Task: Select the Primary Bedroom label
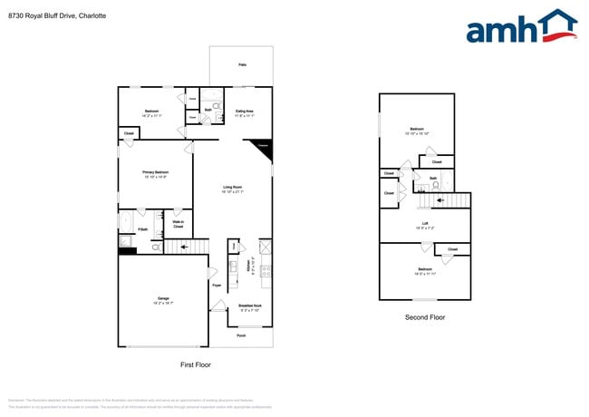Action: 154,172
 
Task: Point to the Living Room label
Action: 233,188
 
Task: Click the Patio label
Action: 242,65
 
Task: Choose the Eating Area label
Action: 245,112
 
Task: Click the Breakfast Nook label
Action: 250,306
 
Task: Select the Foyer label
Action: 217,286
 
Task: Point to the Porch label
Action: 241,335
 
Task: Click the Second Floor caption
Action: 424,317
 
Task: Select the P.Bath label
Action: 142,230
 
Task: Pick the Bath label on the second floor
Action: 433,178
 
